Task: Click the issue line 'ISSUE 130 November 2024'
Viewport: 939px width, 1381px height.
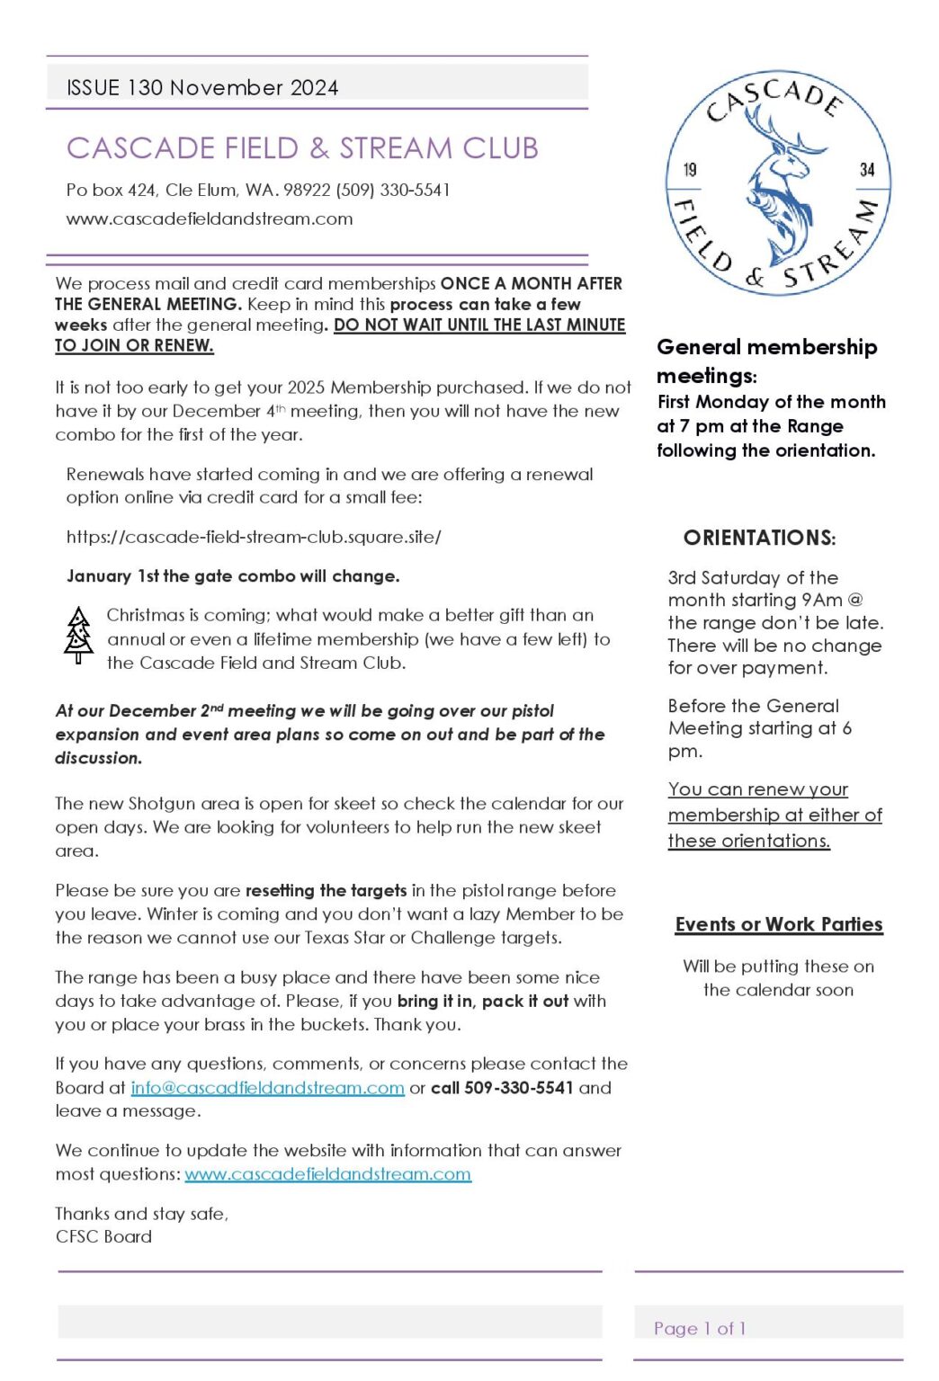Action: coord(202,87)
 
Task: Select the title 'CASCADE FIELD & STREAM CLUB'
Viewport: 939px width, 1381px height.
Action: coord(302,148)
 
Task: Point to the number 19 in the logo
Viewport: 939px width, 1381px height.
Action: coord(690,170)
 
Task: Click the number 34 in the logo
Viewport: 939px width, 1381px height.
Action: coord(867,170)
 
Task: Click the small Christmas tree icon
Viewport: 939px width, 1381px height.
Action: coord(79,636)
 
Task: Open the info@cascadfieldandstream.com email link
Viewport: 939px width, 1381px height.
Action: coord(267,1088)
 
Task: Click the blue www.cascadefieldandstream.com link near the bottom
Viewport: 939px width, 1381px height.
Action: coord(327,1174)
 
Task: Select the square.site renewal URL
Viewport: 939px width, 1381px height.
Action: coord(254,538)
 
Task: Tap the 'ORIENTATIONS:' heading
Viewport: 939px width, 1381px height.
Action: coord(759,538)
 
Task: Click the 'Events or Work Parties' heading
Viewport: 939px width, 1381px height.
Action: coord(779,924)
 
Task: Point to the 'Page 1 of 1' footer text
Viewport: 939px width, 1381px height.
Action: coord(700,1328)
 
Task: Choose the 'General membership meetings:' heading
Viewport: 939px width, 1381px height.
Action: coord(766,361)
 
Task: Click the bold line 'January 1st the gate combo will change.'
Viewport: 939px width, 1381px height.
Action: coord(233,576)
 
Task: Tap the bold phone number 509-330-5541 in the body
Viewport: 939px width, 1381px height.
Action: coord(519,1088)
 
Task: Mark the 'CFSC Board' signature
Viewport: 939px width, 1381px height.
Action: coord(103,1236)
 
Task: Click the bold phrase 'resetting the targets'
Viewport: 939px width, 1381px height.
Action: coord(326,891)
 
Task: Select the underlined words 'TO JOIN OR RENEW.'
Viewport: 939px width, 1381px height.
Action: coord(134,345)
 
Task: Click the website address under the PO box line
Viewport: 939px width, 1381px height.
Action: coord(209,218)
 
